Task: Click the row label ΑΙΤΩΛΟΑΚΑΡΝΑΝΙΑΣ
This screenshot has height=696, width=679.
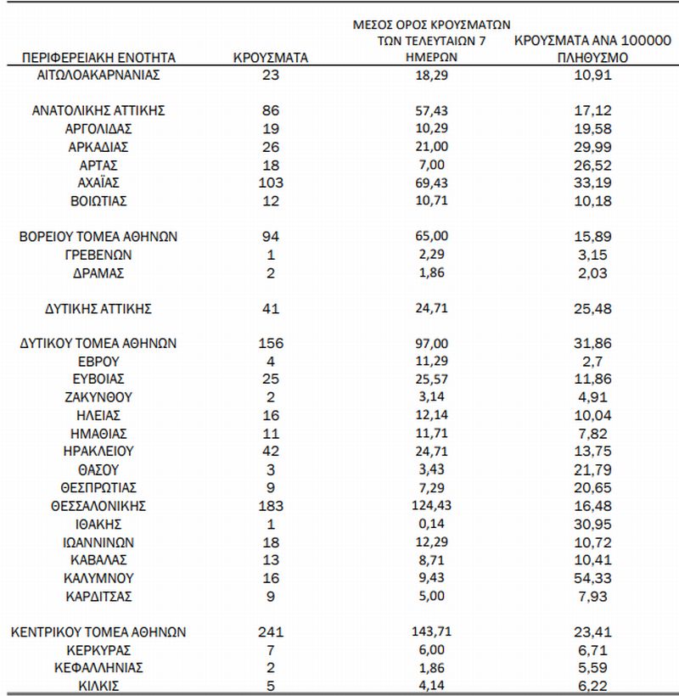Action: coord(99,74)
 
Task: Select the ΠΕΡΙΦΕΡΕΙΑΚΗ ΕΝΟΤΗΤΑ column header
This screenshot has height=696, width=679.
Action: coord(98,58)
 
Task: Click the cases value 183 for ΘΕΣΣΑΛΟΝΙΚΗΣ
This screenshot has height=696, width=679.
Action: coord(271,505)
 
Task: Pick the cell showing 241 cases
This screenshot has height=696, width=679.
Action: coord(271,631)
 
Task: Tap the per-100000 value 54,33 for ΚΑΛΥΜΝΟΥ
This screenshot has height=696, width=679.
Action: coord(593,577)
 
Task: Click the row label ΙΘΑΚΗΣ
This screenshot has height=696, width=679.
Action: coord(98,524)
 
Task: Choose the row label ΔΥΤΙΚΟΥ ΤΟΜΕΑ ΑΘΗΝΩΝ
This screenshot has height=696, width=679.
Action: coord(98,344)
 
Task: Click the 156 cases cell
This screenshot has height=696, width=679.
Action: coord(271,344)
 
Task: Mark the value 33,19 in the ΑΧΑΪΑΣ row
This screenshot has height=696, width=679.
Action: coord(593,182)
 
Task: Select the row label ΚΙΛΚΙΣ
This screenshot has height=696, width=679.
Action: coord(98,686)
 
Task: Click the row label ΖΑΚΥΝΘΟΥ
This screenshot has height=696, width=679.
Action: coord(98,397)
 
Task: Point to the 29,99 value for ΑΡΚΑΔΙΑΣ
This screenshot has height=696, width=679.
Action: coord(593,146)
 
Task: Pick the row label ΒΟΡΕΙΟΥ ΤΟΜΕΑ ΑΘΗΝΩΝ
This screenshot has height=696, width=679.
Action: coord(98,236)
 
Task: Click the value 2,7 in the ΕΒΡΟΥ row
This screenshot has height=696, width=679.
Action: coord(593,362)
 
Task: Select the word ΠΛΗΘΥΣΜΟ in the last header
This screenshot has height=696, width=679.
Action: coord(593,58)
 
